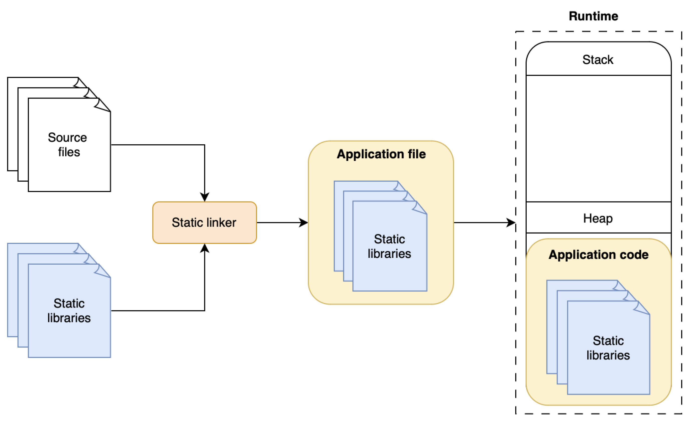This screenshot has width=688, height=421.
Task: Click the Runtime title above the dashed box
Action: pos(593,16)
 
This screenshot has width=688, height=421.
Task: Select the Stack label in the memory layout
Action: pos(598,59)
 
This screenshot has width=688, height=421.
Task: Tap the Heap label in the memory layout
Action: pos(598,218)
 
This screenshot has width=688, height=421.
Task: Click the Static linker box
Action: pos(204,223)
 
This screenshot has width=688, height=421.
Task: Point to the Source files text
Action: pos(68,145)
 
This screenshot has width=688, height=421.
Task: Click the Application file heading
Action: pos(381,154)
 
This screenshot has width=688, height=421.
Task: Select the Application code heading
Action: pos(598,255)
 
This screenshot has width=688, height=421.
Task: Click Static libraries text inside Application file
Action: pos(389,246)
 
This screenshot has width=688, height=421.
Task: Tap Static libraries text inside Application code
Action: pos(608,348)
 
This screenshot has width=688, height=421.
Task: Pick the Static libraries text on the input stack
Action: pos(69,311)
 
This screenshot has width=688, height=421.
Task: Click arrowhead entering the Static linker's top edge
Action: pos(205,197)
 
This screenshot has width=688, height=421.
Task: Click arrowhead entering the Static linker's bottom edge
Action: pos(205,248)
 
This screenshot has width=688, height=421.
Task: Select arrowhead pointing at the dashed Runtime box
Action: pos(511,223)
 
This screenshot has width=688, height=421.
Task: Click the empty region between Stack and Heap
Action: pos(598,138)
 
